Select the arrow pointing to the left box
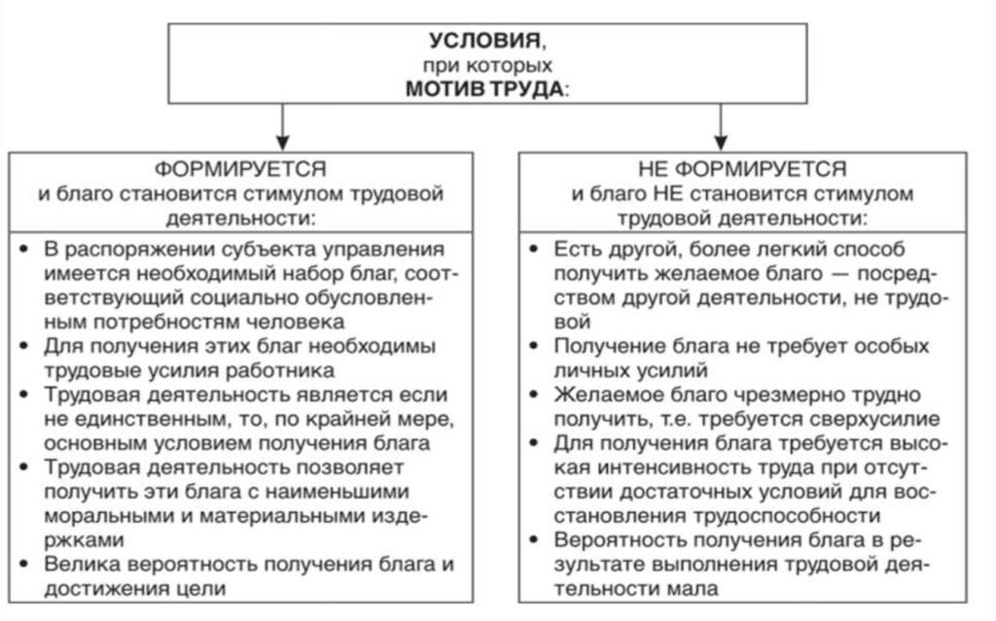click(x=281, y=126)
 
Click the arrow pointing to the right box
click(x=721, y=126)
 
